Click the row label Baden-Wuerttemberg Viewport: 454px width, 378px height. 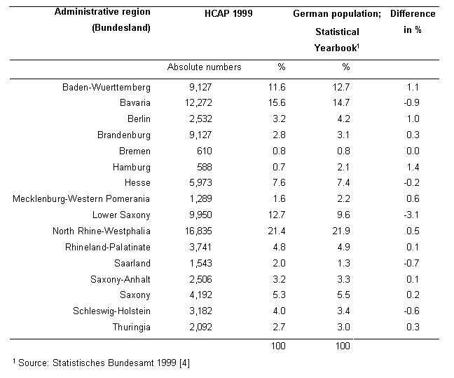pyautogui.click(x=106, y=88)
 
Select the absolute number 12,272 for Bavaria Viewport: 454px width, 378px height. pyautogui.click(x=199, y=103)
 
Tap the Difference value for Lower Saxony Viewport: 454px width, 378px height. pyautogui.click(x=411, y=215)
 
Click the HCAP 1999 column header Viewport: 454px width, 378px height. pyautogui.click(x=228, y=13)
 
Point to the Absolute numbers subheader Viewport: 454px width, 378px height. pyautogui.click(x=204, y=67)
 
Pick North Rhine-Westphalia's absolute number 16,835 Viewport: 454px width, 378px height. pyautogui.click(x=199, y=231)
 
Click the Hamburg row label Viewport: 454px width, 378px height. pyautogui.click(x=132, y=168)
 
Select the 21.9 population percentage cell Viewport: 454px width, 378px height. pyautogui.click(x=341, y=231)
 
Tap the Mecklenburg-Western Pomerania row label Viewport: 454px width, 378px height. pyautogui.click(x=81, y=199)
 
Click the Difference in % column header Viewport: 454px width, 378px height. pyautogui.click(x=413, y=22)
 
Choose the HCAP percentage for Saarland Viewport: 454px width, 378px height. pyautogui.click(x=279, y=263)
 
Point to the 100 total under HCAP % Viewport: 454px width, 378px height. pyautogui.click(x=278, y=346)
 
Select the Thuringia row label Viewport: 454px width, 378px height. pyautogui.click(x=132, y=328)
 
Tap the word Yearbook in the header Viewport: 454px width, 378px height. pyautogui.click(x=336, y=48)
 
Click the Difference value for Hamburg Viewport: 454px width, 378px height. pyautogui.click(x=413, y=167)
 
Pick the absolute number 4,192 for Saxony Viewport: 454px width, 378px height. pyautogui.click(x=200, y=295)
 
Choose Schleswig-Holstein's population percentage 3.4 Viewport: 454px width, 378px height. pyautogui.click(x=343, y=311)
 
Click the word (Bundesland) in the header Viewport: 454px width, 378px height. pyautogui.click(x=121, y=28)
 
